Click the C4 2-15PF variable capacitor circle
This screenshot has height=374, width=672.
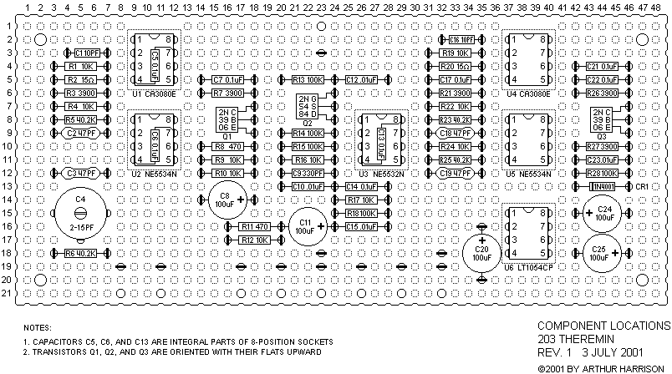pyautogui.click(x=80, y=213)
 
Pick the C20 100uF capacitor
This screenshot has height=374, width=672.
pyautogui.click(x=481, y=253)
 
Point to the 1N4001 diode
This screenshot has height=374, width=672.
pyautogui.click(x=602, y=186)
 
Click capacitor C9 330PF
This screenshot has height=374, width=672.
pyautogui.click(x=307, y=173)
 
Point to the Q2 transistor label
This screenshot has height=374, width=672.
pyautogui.click(x=307, y=122)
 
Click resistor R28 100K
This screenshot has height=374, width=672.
pyautogui.click(x=602, y=173)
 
